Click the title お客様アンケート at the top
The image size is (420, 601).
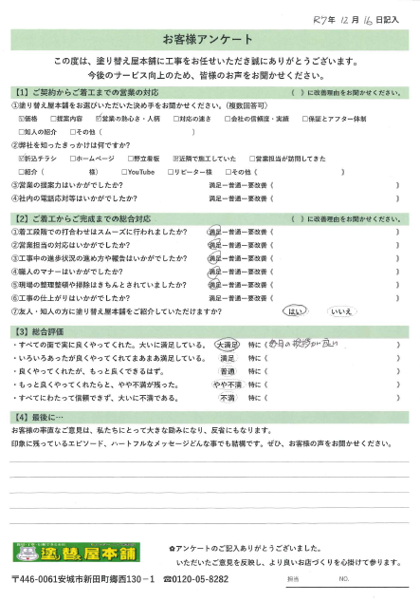209,39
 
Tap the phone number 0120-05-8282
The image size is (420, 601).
194,578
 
